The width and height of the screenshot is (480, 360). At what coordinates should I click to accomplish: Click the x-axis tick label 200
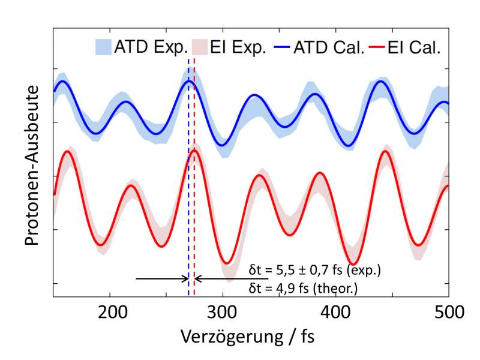tap(110, 312)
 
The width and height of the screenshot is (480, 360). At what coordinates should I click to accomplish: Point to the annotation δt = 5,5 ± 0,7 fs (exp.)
tap(315, 269)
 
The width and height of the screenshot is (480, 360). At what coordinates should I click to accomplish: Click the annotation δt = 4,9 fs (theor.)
tap(303, 289)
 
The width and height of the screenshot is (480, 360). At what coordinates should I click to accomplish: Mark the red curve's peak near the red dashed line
tap(194, 151)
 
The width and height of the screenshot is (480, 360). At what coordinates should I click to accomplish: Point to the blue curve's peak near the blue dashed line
tap(189, 81)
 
